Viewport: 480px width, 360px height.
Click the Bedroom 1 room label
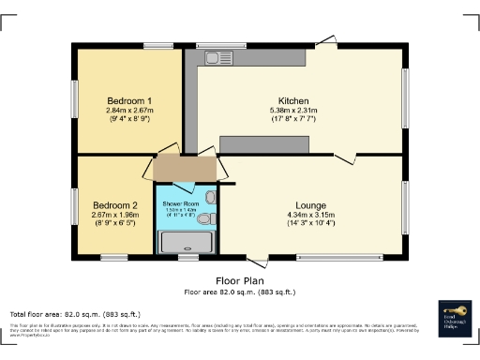click(129, 100)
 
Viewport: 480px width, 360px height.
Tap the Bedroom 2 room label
click(114, 205)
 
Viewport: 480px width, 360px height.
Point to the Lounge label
click(310, 205)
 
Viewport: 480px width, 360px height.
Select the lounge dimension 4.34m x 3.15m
click(310, 216)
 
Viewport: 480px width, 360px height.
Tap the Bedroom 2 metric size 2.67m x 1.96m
click(114, 215)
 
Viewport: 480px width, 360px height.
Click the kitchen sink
click(218, 59)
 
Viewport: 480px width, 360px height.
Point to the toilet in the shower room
click(208, 219)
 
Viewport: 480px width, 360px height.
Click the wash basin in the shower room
click(211, 198)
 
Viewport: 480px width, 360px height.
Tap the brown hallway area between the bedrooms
click(186, 168)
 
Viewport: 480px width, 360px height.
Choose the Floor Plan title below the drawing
click(239, 280)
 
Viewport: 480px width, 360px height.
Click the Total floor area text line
click(75, 313)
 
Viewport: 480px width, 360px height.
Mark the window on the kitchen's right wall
click(405, 94)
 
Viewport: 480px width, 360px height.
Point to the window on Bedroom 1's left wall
click(75, 99)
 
